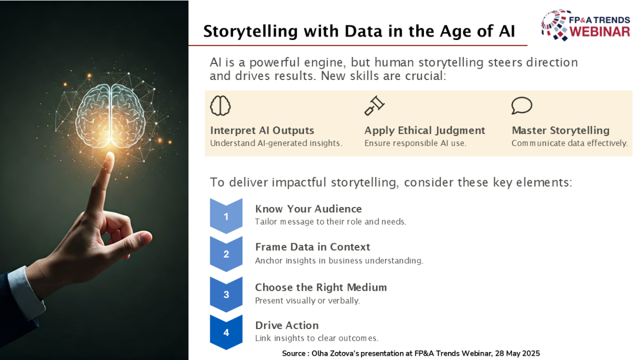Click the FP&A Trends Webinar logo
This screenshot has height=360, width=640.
pos(586,25)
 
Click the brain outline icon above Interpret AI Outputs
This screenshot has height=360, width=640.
pos(220,106)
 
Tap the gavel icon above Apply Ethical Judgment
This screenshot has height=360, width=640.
pos(374,106)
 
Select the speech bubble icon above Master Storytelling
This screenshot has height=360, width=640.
pos(522,106)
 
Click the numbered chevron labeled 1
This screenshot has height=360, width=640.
pos(226,216)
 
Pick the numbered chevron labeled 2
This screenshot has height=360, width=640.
pos(226,254)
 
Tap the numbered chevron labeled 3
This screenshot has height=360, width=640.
pos(226,294)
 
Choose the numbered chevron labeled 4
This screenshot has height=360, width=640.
pos(226,332)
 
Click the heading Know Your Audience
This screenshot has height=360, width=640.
pos(309,209)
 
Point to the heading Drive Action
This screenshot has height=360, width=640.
pos(287,325)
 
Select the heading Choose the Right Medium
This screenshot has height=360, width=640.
pos(321,287)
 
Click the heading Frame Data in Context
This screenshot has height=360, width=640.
pos(313,247)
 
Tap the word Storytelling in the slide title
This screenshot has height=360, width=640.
pos(251,31)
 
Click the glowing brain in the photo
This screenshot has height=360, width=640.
pos(110,116)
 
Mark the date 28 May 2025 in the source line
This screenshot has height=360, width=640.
pos(517,354)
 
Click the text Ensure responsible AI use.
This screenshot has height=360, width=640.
pos(415,143)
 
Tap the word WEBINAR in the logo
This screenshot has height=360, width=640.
pos(599,31)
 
